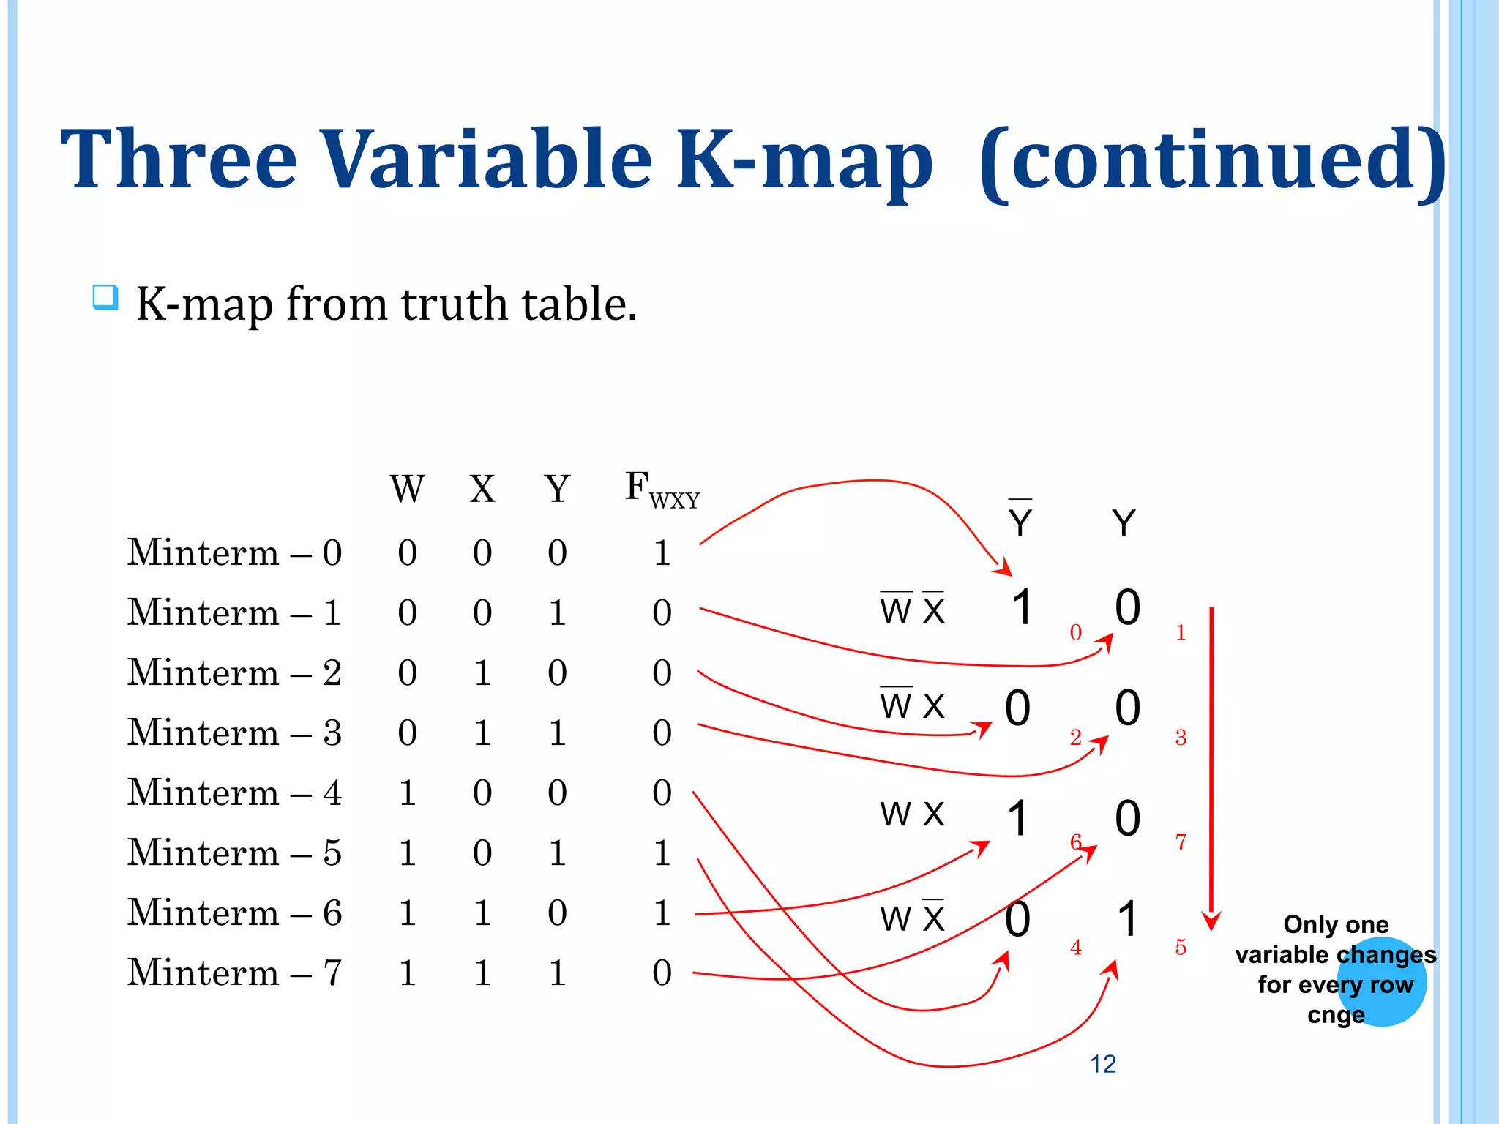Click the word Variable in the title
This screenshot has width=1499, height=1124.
click(x=486, y=159)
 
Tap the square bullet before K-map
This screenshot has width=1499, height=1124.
click(x=105, y=298)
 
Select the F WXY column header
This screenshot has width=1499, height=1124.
click(x=661, y=489)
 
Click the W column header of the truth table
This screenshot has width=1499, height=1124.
click(x=407, y=489)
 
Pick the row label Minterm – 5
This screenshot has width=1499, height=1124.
click(x=234, y=853)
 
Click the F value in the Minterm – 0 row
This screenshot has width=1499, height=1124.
click(x=662, y=552)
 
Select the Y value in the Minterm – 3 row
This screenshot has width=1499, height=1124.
click(x=557, y=733)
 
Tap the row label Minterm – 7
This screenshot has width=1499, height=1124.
click(x=234, y=973)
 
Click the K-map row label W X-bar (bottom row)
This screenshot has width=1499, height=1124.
click(x=912, y=918)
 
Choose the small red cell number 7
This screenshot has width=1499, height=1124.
click(x=1181, y=842)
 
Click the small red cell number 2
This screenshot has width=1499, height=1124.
click(x=1075, y=737)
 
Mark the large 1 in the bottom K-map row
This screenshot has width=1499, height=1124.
click(x=1128, y=919)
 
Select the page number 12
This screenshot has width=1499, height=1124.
click(x=1103, y=1064)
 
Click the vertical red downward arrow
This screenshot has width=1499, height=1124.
click(x=1211, y=768)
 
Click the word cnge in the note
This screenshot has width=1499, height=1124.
click(x=1336, y=1016)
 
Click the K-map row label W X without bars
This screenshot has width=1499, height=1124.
click(x=912, y=814)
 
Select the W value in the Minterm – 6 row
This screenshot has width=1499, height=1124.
click(x=407, y=913)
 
